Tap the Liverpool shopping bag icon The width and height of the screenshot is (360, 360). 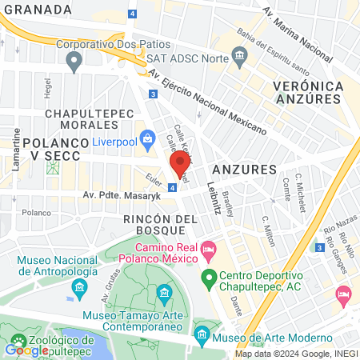[x=149, y=139]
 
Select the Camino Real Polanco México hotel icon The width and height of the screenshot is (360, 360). [x=209, y=251]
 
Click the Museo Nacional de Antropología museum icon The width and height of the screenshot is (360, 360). [x=78, y=286]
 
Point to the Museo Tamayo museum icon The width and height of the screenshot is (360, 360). [x=165, y=293]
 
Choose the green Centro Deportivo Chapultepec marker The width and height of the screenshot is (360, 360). [x=209, y=279]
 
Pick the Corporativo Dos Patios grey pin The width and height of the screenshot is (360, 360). [x=74, y=60]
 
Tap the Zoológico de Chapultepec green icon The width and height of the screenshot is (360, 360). [x=14, y=349]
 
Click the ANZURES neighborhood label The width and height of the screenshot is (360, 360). [x=244, y=170]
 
